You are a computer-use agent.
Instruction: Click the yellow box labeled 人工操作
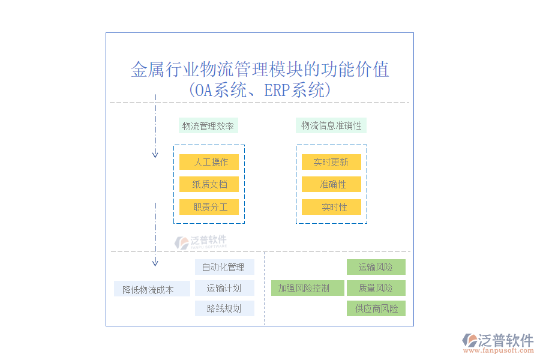point(209,162)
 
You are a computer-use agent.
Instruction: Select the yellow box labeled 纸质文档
point(209,184)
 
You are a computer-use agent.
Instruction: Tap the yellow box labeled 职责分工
point(209,207)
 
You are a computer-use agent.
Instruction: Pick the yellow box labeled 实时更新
point(331,162)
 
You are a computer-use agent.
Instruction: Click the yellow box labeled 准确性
point(331,184)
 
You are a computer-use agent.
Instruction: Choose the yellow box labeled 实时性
point(331,207)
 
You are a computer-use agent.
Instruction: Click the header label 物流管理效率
point(209,125)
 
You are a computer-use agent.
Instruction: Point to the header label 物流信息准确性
point(331,125)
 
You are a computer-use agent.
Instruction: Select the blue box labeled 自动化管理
point(224,267)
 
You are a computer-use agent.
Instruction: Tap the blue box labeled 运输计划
point(224,288)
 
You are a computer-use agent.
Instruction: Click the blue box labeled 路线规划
point(224,308)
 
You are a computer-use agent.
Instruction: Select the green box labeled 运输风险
point(376,267)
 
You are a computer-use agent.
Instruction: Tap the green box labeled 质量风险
point(376,288)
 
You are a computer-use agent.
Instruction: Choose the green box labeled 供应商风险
point(376,308)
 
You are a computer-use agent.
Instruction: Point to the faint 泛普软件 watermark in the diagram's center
point(200,242)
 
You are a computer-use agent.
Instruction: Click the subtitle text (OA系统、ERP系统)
point(260,91)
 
